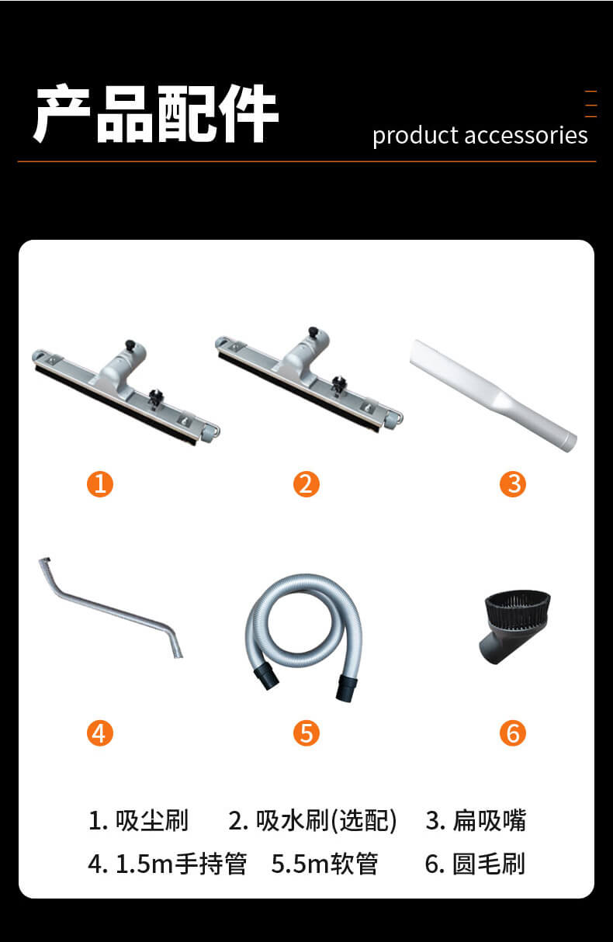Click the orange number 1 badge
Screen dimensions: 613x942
click(x=100, y=484)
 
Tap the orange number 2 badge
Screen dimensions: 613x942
click(x=306, y=484)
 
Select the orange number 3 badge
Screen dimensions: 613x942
click(x=513, y=484)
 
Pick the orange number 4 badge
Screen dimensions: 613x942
click(x=100, y=733)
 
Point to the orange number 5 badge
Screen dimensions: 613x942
click(x=306, y=733)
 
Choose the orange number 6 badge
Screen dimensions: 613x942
click(x=513, y=733)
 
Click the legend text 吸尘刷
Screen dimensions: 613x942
click(x=152, y=820)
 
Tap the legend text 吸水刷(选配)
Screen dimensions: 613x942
click(x=326, y=820)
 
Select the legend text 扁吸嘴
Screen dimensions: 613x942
click(x=490, y=820)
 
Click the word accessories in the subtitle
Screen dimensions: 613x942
click(x=526, y=136)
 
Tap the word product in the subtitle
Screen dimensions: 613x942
click(x=415, y=137)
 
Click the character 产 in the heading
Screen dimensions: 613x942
click(x=61, y=113)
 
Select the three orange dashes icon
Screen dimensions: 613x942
click(x=590, y=103)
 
